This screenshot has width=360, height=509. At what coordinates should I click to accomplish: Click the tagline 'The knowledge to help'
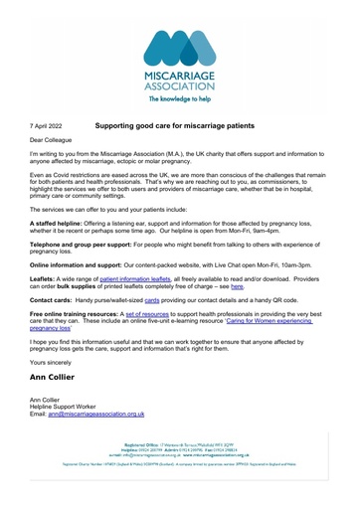[180, 100]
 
